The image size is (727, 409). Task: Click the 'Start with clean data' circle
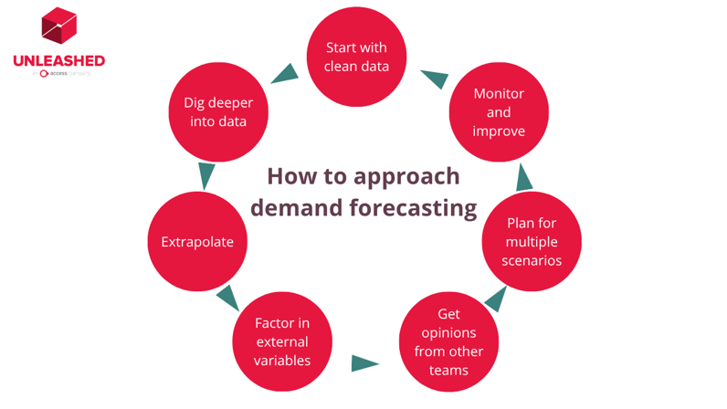tap(356, 57)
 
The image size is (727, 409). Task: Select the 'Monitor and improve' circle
tap(499, 112)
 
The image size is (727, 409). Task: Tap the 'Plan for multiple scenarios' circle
tap(532, 241)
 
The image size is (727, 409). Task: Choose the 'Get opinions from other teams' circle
tap(448, 341)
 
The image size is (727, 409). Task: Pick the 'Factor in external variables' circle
tap(282, 341)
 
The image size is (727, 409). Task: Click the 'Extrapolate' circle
tap(197, 242)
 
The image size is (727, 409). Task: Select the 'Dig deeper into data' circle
tap(219, 112)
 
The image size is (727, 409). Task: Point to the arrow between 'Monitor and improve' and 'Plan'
tap(523, 176)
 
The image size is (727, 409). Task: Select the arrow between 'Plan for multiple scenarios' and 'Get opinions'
tap(496, 298)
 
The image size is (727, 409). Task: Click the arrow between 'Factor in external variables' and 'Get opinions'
tap(364, 363)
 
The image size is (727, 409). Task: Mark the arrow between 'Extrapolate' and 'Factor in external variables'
tap(227, 297)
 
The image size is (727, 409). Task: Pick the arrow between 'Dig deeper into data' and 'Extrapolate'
tap(206, 174)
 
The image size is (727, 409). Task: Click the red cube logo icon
tap(58, 26)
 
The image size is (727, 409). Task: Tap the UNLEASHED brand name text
tap(58, 61)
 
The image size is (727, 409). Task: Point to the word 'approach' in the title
tap(408, 176)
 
